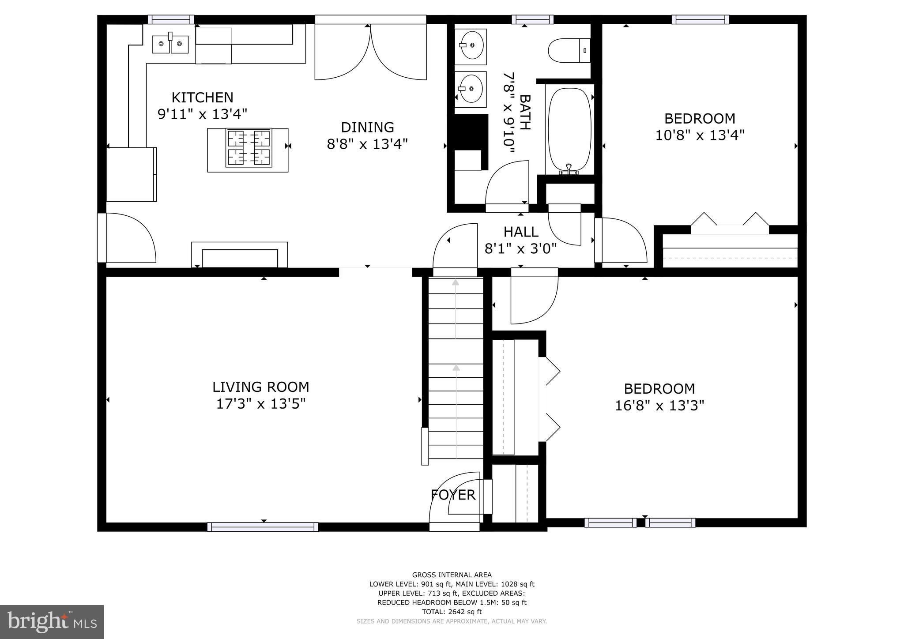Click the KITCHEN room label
click(x=202, y=97)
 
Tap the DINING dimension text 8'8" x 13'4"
click(x=367, y=144)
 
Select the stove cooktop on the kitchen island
click(x=249, y=148)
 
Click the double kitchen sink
click(x=170, y=44)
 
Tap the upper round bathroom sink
click(x=471, y=45)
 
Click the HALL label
click(x=521, y=232)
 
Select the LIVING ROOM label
click(x=260, y=387)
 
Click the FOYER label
click(x=453, y=495)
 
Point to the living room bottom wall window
click(x=263, y=526)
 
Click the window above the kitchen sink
click(x=171, y=19)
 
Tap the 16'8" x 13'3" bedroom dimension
click(x=659, y=406)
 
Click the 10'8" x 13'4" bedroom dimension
click(x=700, y=135)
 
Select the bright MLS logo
click(x=52, y=622)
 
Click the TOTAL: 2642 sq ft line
click(x=452, y=612)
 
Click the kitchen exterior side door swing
click(x=128, y=238)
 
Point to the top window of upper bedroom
click(x=700, y=19)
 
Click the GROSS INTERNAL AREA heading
click(x=452, y=575)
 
